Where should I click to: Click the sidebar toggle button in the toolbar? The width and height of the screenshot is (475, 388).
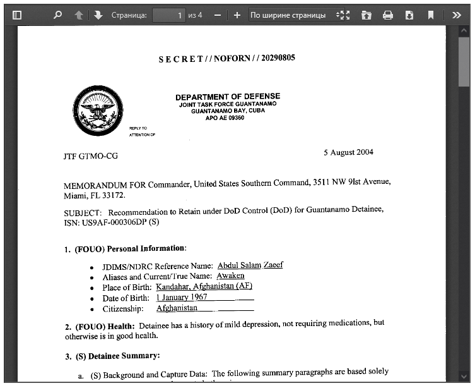pos(17,15)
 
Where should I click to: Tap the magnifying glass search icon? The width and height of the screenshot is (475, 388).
pos(57,15)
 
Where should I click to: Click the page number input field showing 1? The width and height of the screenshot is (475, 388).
pos(168,15)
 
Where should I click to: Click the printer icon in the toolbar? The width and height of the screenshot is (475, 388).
pos(387,15)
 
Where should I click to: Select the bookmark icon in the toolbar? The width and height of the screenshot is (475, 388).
pos(430,15)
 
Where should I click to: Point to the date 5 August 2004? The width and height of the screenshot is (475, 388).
pos(348,152)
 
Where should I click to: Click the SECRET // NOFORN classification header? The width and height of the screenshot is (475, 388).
pos(226,58)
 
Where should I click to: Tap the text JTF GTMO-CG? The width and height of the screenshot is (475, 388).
pos(91,156)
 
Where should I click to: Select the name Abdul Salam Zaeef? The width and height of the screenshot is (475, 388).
pos(250,265)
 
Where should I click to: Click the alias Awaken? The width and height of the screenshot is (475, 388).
pos(230,276)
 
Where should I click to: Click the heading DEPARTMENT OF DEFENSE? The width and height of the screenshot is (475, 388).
pos(228,97)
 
